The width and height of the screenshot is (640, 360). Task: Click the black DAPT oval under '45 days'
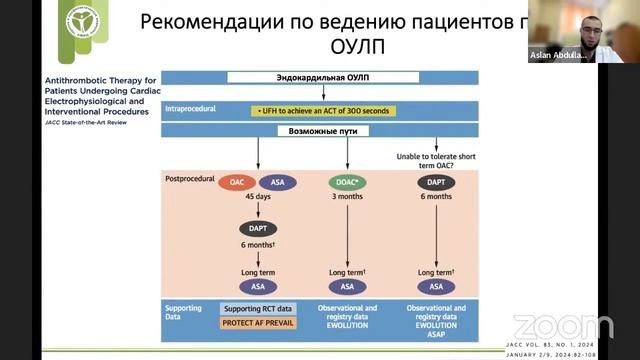coord(259,229)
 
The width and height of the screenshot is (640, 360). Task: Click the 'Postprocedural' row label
coord(190,177)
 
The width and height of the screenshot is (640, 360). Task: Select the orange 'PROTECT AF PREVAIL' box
coord(257,324)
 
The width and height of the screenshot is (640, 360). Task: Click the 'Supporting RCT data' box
coord(257,309)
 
